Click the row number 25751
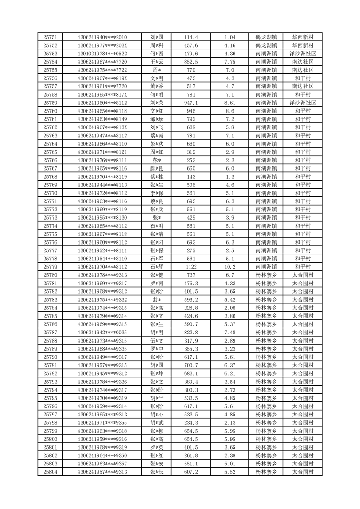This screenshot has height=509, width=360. pos(50,37)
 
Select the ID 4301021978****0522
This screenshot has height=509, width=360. pos(102,54)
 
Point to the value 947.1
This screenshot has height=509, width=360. pos(191,103)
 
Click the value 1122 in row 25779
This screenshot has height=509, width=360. pos(191,267)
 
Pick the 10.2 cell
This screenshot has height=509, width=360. pos(230,267)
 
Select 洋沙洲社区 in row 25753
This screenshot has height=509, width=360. pos(302,54)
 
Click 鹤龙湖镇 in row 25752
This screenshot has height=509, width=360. pos(267,45)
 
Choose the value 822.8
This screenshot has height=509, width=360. pos(191,333)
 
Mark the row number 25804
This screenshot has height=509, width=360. pos(50,472)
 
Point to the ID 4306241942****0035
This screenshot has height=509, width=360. pos(102,333)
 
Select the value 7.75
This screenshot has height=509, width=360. pos(230,62)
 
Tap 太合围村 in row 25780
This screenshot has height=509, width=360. pos(302,275)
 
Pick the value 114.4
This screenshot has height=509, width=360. pos(191,37)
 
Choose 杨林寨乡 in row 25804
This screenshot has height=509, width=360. pos(267,472)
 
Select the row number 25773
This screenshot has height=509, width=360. pos(50,218)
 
